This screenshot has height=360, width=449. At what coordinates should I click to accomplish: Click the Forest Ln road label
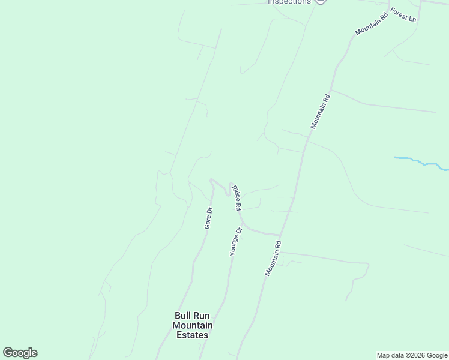pos(403,15)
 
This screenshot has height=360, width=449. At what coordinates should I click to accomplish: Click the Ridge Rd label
pos(236,197)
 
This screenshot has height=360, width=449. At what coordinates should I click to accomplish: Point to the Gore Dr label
pos(209,218)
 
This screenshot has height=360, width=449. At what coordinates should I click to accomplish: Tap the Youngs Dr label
pos(236,241)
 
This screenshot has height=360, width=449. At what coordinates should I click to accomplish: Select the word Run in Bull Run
pos(202,316)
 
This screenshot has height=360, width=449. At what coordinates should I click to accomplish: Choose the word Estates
pos(193,335)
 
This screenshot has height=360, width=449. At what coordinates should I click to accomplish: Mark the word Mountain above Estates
pos(193,325)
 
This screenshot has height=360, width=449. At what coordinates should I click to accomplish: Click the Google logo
pos(20,353)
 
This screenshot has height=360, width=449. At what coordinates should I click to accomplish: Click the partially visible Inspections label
pos(289,2)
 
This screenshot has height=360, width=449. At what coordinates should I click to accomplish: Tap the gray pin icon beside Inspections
pos(321,2)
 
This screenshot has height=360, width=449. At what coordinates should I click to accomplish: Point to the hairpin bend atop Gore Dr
pos(211,179)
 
